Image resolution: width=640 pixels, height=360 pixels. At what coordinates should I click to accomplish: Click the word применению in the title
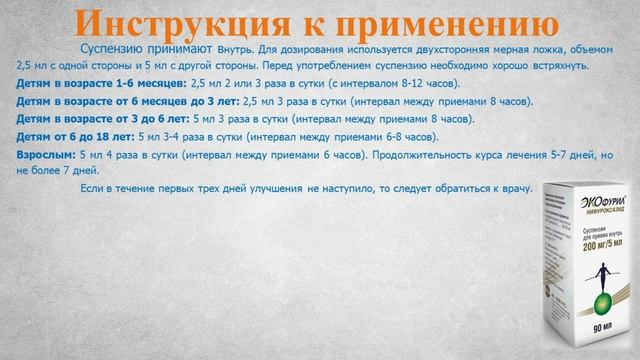447,25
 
